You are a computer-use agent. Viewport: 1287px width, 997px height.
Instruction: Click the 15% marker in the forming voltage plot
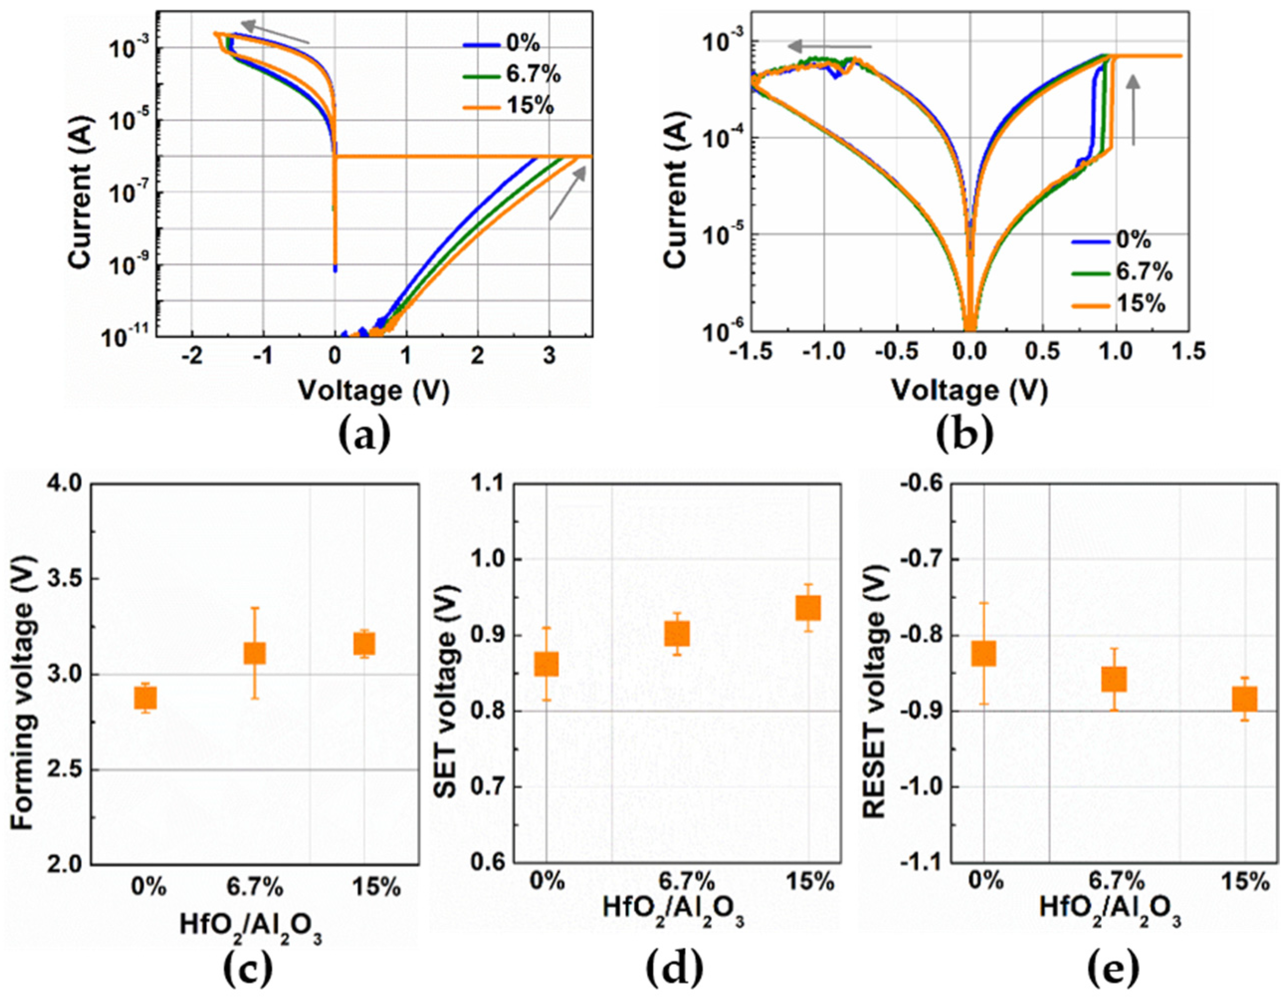tap(364, 644)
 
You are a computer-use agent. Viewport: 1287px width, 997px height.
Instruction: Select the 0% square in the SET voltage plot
tap(546, 664)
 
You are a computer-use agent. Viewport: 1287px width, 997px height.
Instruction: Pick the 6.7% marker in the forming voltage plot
tap(255, 653)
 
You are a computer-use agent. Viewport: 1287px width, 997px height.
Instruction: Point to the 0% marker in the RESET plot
tap(984, 653)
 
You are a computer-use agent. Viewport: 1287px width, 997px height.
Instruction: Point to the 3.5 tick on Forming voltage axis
tap(60, 579)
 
